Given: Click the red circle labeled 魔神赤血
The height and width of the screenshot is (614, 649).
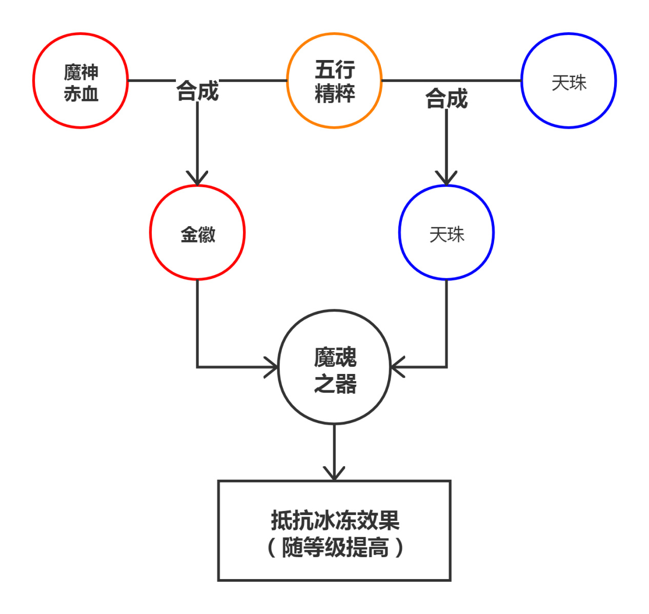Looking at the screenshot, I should (80, 81).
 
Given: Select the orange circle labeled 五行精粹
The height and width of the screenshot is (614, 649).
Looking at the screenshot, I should (334, 81).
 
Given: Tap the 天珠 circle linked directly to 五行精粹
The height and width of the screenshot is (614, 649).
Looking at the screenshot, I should (569, 81).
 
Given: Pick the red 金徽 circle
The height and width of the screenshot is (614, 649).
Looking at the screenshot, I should (197, 233).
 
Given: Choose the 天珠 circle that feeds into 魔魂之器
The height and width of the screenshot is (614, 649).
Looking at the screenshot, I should (446, 233).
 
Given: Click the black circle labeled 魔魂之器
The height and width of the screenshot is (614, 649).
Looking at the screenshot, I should (334, 367).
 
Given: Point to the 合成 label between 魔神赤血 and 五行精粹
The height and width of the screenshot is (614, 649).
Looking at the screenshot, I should (197, 91).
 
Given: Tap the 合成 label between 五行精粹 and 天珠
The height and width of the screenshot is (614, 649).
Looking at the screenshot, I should (446, 98).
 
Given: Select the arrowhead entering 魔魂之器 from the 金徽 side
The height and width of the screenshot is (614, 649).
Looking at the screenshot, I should (272, 367).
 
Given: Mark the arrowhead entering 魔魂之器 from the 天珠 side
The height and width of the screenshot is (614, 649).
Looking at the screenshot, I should (397, 367).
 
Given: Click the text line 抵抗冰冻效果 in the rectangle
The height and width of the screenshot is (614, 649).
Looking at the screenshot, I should (335, 521).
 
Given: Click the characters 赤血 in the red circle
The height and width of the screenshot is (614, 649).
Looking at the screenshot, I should (81, 94).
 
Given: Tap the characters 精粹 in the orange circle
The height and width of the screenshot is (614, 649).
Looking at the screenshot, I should (335, 94).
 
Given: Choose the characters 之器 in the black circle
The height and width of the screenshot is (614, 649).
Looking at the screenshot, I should (335, 384).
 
